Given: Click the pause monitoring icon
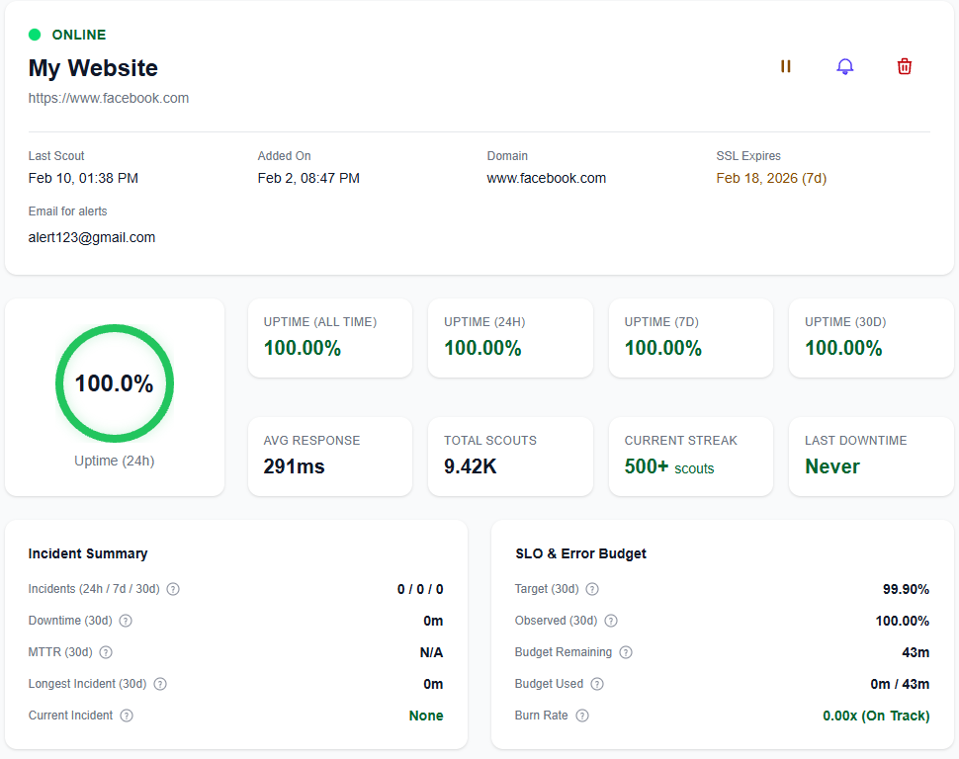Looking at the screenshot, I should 786,66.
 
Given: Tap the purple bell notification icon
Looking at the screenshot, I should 844,66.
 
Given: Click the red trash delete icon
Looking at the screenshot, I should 904,66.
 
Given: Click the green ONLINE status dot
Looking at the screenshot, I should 35,35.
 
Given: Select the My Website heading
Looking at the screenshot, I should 93,68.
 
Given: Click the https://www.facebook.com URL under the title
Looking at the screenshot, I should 109,98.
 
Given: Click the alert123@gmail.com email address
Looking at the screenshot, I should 92,237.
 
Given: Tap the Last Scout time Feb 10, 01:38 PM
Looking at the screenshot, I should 83,178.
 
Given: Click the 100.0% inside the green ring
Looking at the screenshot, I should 115,383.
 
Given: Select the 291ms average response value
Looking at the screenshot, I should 294,466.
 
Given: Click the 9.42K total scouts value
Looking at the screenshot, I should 471,466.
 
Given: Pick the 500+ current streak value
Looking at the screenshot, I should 647,466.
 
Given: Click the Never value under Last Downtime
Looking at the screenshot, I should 832,466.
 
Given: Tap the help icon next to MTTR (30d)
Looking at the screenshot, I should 106,652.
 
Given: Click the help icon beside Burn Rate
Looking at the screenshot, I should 582,716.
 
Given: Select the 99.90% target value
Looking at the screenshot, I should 906,589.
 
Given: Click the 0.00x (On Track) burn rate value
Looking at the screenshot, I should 876,716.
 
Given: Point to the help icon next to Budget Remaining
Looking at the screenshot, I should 626,652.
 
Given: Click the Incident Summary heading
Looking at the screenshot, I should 88,553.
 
